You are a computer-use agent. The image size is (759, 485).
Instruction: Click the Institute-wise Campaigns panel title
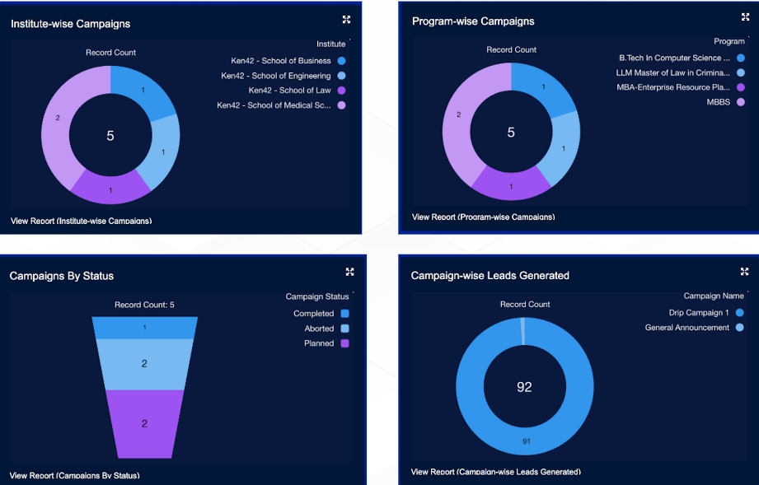[x=70, y=24]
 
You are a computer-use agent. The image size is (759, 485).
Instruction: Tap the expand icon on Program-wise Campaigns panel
[x=745, y=17]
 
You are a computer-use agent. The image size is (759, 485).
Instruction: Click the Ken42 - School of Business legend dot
[x=341, y=61]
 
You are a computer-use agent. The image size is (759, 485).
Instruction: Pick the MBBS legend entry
[x=718, y=102]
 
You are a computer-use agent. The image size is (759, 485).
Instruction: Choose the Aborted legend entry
[x=319, y=329]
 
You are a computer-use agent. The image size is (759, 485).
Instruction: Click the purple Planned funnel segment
[x=144, y=423]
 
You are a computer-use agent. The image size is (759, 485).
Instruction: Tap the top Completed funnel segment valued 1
[x=144, y=328]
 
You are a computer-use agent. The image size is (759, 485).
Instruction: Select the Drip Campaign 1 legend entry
[x=699, y=313]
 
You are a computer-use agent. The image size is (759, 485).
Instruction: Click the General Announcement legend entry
[x=687, y=328]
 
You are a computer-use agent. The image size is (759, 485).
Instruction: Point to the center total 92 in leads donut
[x=524, y=386]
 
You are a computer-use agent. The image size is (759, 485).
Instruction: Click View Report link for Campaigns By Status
[x=74, y=475]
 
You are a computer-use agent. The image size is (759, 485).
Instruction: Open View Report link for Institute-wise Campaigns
[x=81, y=221]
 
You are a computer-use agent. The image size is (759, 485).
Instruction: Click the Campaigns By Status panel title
[x=62, y=276]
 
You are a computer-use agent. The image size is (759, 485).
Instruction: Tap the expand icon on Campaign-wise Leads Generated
[x=745, y=272]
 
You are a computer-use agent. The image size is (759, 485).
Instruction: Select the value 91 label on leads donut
[x=525, y=442]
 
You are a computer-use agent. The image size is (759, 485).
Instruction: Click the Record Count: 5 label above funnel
[x=144, y=305]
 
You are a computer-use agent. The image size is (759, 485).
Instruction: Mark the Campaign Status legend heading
[x=317, y=296]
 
